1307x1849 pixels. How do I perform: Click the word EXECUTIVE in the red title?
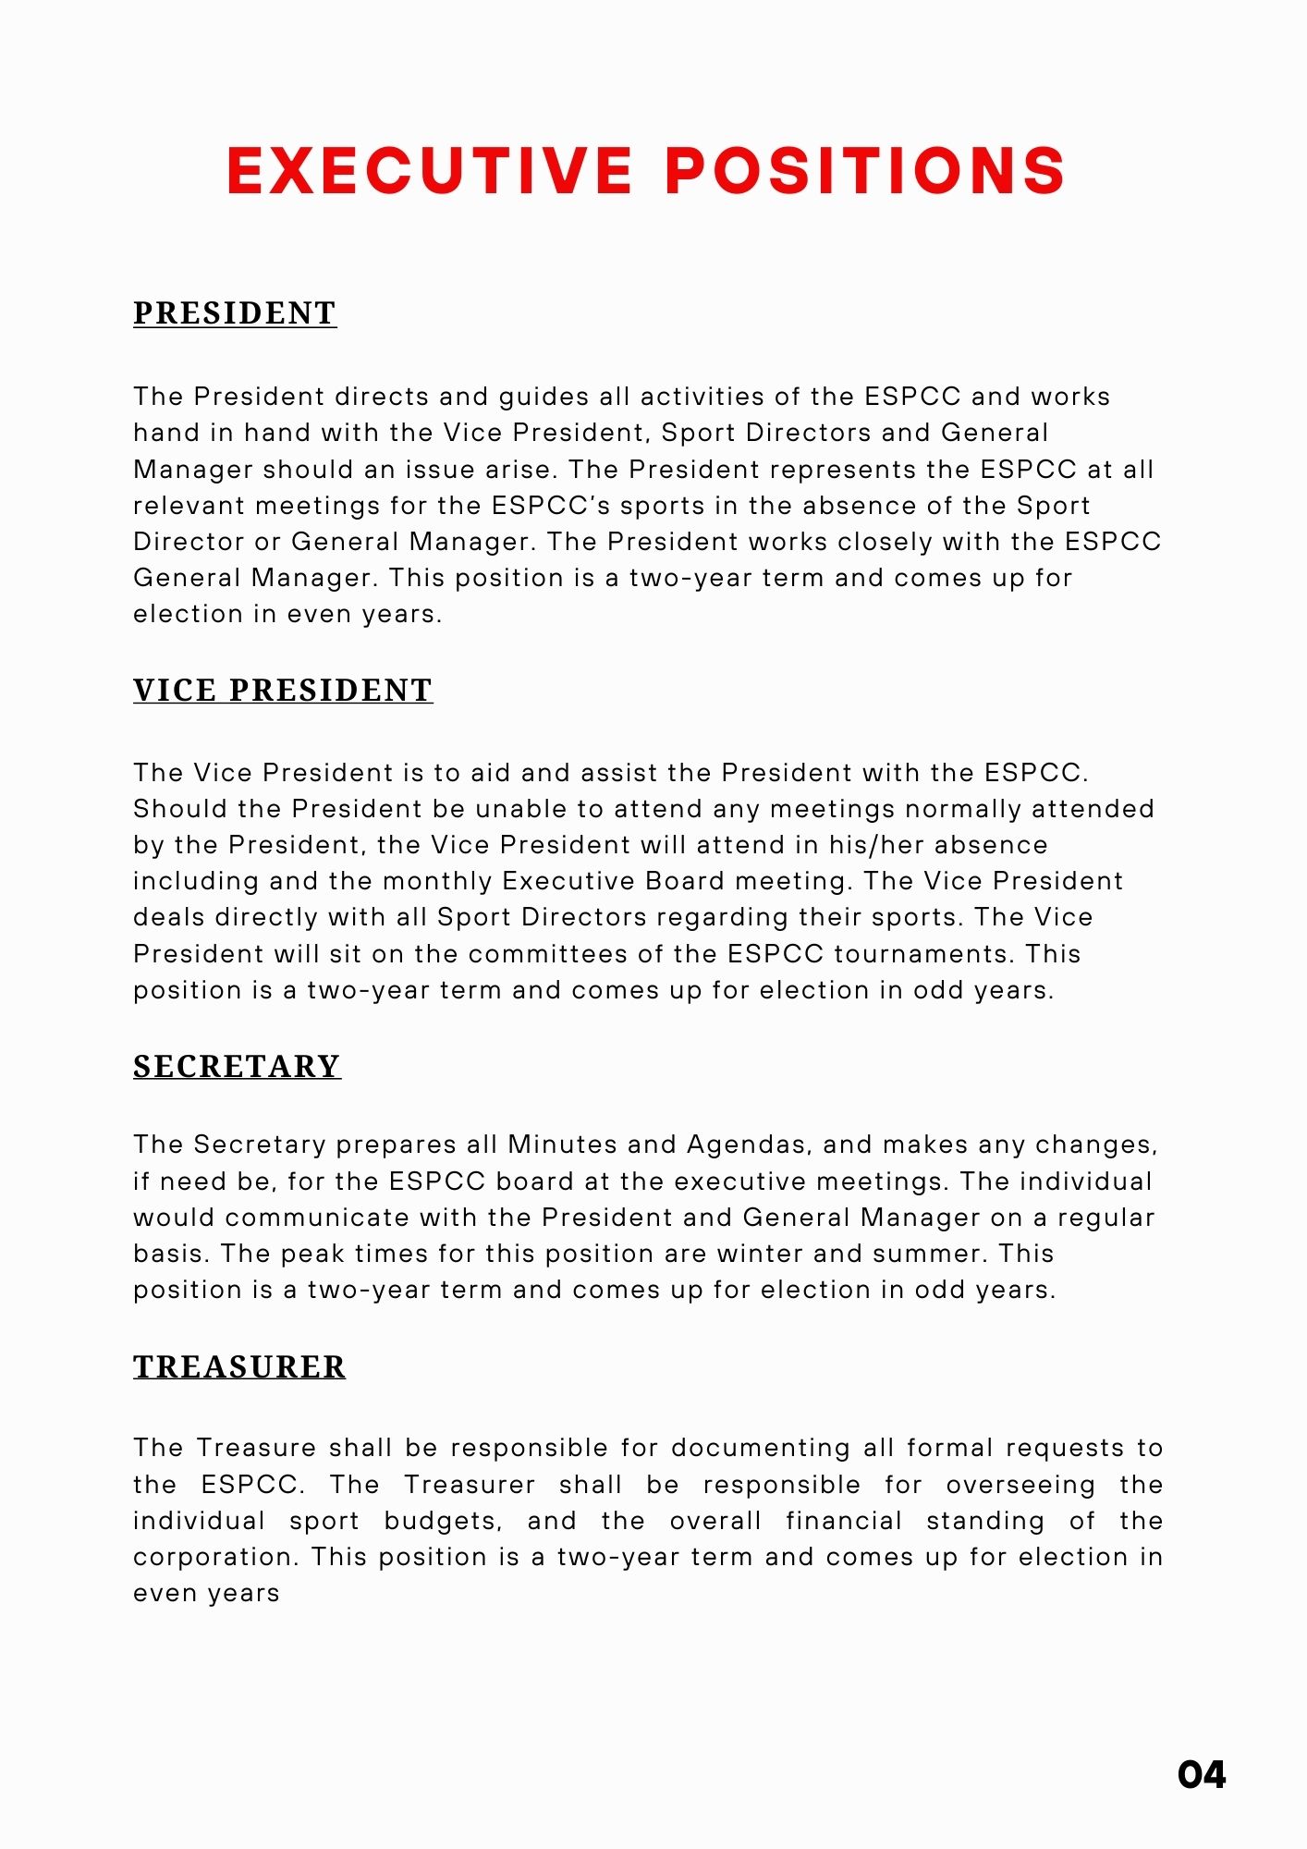click(429, 171)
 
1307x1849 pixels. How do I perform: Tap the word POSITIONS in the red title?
click(865, 171)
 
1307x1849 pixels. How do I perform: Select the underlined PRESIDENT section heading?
click(235, 313)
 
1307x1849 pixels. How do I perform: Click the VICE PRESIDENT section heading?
click(283, 691)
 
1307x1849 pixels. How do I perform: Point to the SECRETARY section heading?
click(237, 1066)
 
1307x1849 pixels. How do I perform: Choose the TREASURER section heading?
click(239, 1366)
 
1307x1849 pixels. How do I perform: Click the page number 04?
click(1202, 1774)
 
